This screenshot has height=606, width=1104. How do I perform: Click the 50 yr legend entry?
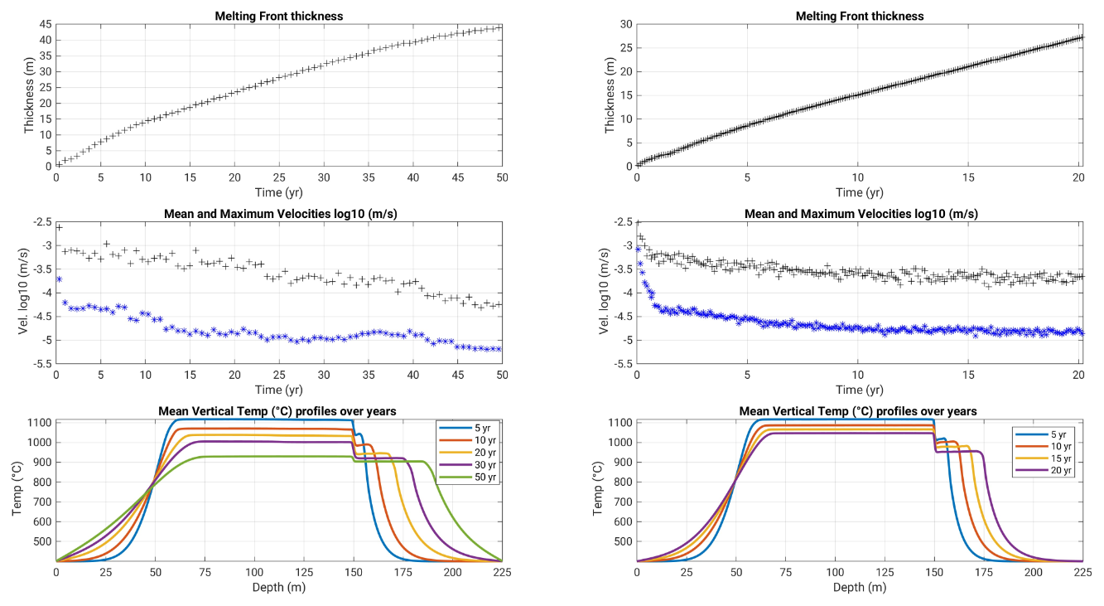[475, 478]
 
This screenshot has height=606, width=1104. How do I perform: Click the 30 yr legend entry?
[475, 465]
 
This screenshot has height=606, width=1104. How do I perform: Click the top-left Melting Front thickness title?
[278, 16]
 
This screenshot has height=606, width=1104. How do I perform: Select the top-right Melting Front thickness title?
[860, 16]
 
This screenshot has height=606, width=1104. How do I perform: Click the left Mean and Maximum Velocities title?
[279, 213]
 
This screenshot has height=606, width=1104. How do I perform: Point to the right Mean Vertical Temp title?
[860, 411]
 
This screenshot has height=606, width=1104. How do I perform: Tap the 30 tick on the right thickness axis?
[626, 24]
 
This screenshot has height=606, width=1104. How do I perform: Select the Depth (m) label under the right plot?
[860, 587]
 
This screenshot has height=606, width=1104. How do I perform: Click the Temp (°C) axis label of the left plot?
[17, 490]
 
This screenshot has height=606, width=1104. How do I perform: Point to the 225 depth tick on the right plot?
[1082, 572]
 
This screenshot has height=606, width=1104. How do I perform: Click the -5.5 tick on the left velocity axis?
[41, 364]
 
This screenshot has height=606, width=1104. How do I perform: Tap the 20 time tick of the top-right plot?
[1078, 177]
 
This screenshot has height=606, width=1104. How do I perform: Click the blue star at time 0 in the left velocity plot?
[58, 279]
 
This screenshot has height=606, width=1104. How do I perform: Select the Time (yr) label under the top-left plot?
[278, 192]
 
